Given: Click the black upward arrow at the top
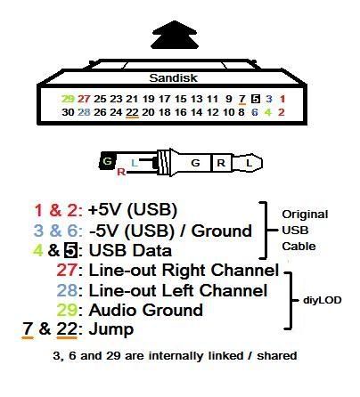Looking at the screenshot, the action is click(x=175, y=35).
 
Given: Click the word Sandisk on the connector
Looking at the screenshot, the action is click(x=173, y=78).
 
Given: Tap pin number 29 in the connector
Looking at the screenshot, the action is click(x=68, y=99).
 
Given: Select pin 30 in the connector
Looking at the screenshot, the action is click(x=68, y=112).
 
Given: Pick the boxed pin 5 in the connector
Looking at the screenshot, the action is click(x=256, y=99).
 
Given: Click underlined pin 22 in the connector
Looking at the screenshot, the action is click(x=132, y=112).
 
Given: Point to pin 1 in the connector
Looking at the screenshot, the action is click(x=282, y=99).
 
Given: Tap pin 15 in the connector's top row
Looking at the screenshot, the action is click(x=181, y=99).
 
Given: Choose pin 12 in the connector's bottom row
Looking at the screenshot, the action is click(x=213, y=112).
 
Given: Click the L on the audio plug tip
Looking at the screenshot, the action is click(x=249, y=163).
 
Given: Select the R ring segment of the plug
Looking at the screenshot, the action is click(x=221, y=163).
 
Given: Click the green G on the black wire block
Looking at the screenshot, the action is click(x=107, y=161).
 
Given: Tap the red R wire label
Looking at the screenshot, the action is click(x=121, y=172).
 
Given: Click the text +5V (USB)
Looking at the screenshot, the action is click(x=133, y=210).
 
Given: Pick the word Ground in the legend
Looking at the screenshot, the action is click(x=222, y=231).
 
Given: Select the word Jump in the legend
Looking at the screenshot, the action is click(x=111, y=329).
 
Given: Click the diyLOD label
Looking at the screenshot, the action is click(x=323, y=300).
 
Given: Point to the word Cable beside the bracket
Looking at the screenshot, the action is click(x=299, y=247).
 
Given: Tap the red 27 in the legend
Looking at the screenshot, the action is click(x=67, y=271).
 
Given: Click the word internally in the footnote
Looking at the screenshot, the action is click(x=196, y=355).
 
